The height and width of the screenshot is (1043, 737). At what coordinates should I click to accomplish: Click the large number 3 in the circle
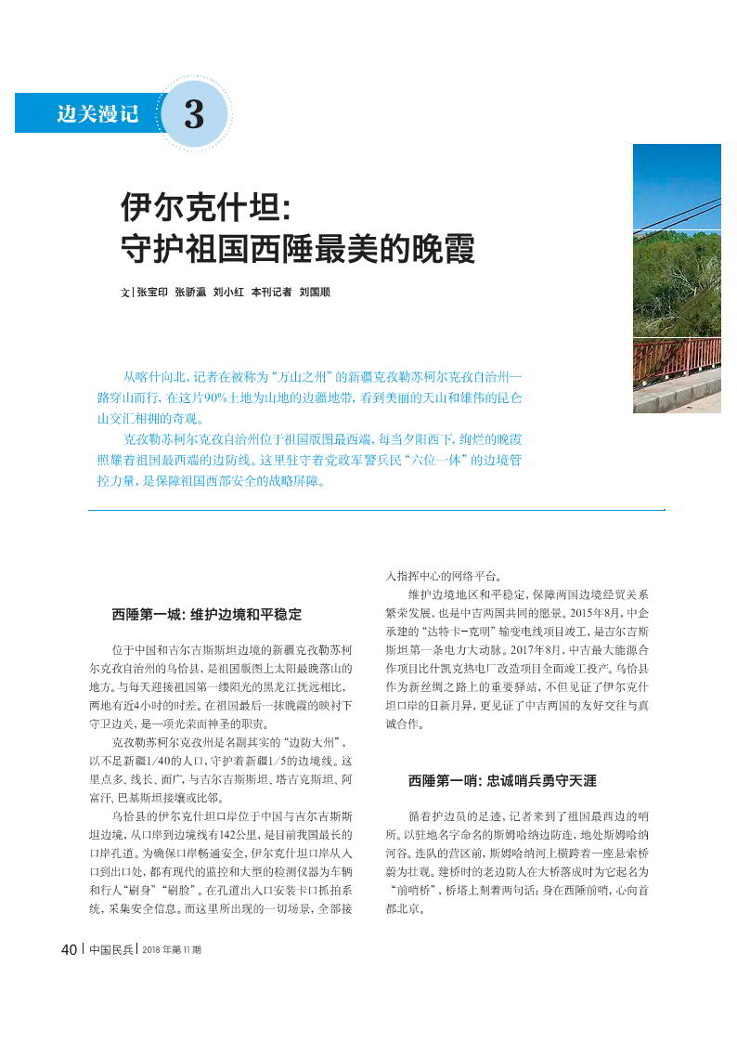(194, 114)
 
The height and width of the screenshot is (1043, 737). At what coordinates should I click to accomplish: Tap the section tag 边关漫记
(97, 114)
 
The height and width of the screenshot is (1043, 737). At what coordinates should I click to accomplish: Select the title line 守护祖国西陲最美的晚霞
(298, 249)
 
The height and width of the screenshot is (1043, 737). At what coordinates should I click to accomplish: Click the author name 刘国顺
(315, 292)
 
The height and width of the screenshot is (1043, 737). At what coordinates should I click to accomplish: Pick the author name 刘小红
(227, 292)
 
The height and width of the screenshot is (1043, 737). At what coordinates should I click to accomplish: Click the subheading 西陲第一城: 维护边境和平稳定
(207, 615)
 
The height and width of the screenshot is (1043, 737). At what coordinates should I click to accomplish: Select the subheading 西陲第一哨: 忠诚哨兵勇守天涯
(502, 781)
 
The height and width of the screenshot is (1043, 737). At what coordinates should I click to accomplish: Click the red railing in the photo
(677, 359)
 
